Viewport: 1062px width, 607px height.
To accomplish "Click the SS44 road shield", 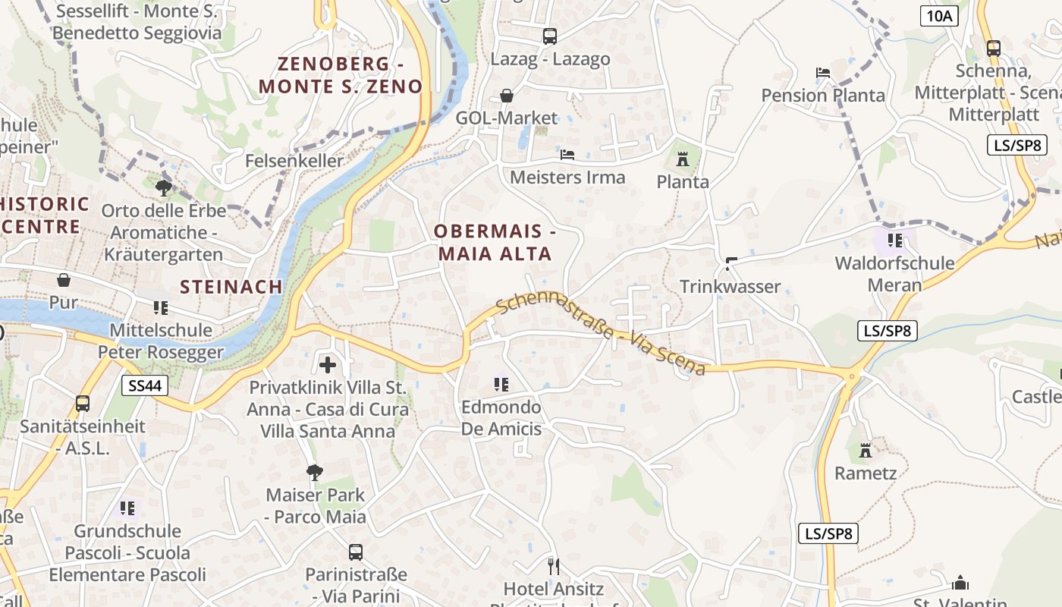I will [x=145, y=385].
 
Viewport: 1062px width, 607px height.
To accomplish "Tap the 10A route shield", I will [x=939, y=16].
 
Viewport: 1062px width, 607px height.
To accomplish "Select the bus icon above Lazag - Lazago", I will [x=550, y=36].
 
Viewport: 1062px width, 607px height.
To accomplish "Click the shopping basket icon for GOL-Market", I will [x=507, y=96].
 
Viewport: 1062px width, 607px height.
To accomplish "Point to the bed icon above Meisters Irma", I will [x=567, y=155].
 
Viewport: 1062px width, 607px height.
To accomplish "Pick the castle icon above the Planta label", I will [x=683, y=159].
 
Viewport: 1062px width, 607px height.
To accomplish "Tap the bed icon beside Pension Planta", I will [x=823, y=73].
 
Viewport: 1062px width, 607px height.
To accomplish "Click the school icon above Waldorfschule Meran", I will [x=895, y=241].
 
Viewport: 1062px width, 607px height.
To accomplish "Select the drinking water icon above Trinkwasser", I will [x=731, y=264].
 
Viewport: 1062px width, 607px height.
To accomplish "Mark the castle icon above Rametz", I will [x=866, y=451].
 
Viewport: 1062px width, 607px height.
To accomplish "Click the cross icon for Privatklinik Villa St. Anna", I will [x=328, y=365].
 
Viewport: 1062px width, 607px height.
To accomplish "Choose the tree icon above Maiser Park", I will [x=315, y=473].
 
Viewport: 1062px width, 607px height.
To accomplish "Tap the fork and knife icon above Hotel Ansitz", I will [x=554, y=566].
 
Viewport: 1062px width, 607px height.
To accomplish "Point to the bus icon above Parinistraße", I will [x=356, y=552].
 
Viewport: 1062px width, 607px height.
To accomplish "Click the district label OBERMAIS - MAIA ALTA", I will [x=495, y=243].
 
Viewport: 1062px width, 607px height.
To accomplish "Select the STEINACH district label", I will [x=231, y=287].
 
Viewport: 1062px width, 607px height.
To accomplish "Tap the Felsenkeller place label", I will [x=294, y=161].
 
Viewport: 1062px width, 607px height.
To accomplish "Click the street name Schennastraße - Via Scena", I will [x=602, y=333].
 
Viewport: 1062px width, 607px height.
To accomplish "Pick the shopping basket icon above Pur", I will [x=64, y=280].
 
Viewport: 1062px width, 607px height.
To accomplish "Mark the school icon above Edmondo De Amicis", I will [x=501, y=385].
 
